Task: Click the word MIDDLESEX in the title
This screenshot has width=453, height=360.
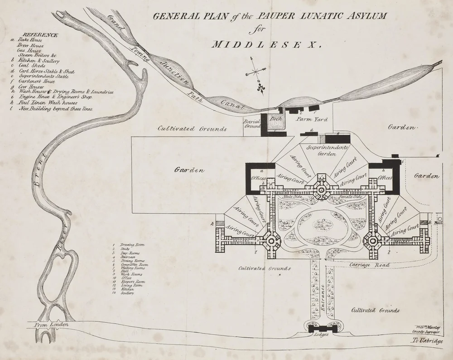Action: click(x=266, y=45)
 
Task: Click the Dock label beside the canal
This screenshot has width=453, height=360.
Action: click(x=276, y=119)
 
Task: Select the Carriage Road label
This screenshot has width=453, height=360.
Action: click(x=370, y=264)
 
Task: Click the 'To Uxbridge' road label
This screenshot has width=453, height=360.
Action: click(x=427, y=341)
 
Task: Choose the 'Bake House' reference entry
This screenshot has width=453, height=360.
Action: click(x=29, y=40)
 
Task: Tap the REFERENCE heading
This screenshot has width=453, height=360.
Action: click(x=40, y=34)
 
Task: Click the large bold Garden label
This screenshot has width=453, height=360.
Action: click(x=189, y=170)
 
